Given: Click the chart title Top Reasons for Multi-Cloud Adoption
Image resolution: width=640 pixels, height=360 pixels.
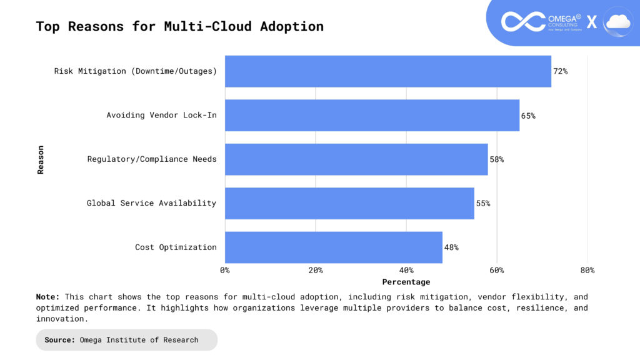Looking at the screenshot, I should (180, 26).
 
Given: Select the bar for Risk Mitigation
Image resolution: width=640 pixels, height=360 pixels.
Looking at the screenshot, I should (387, 71).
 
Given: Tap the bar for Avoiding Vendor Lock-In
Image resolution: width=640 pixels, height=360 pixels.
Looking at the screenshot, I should (372, 116).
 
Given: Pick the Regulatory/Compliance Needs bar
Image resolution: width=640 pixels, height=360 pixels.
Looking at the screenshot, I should (356, 159).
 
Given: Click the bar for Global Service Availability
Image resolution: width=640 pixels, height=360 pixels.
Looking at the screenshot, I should (349, 203).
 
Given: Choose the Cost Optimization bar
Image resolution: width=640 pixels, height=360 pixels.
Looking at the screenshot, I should (333, 247).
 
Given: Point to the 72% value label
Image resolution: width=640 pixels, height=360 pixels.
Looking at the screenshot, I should (560, 71).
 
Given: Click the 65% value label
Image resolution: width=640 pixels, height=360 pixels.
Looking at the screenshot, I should (528, 116).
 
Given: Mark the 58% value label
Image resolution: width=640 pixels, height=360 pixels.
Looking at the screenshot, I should (496, 159).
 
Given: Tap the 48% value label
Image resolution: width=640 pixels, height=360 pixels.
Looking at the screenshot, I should (451, 247).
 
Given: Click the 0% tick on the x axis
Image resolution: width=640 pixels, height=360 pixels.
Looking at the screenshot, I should (225, 271).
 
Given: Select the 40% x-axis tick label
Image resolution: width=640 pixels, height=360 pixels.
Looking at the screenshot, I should (406, 271).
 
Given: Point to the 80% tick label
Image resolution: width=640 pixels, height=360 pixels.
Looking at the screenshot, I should (587, 271).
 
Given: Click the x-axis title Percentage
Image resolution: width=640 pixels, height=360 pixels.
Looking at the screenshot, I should (406, 282).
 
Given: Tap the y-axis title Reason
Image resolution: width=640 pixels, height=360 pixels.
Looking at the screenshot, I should (41, 159).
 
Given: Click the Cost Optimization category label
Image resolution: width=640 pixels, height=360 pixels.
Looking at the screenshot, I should (176, 247).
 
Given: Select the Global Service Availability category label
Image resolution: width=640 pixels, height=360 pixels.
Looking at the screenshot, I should (151, 203).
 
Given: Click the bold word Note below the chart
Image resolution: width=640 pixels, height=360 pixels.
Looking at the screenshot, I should (47, 297).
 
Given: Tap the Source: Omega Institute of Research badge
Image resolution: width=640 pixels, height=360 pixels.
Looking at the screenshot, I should (127, 340).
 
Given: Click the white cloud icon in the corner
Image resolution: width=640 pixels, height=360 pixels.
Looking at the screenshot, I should (618, 22).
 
